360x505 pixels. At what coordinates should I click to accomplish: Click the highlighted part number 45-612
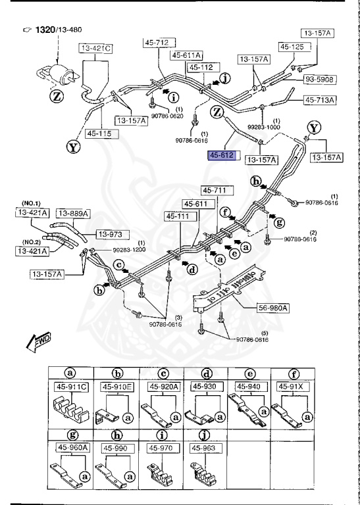pyautogui.click(x=222, y=155)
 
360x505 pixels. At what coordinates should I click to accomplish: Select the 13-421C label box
pyautogui.click(x=95, y=48)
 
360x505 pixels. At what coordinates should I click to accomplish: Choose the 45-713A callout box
pyautogui.click(x=320, y=100)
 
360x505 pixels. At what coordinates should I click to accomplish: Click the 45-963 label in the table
pyautogui.click(x=203, y=447)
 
